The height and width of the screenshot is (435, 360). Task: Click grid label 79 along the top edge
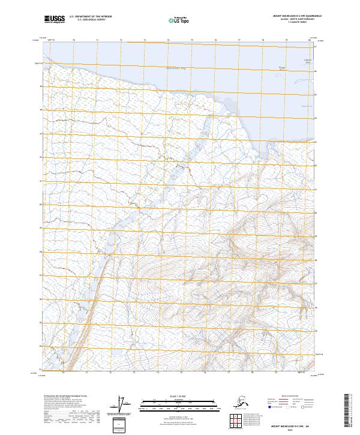coord(287,40)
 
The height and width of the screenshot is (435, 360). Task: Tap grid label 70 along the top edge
coord(73,40)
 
